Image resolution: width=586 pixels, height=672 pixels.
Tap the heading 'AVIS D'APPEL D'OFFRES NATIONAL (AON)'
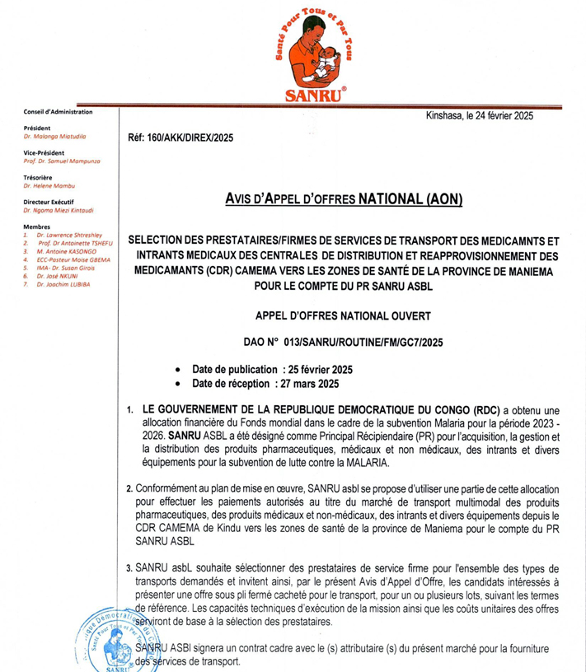[x=344, y=198]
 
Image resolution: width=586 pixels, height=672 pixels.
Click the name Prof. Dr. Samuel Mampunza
[x=63, y=161]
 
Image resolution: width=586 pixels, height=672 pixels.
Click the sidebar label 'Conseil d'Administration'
[x=59, y=111]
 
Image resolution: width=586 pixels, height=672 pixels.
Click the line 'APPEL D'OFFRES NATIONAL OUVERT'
[x=344, y=315]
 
